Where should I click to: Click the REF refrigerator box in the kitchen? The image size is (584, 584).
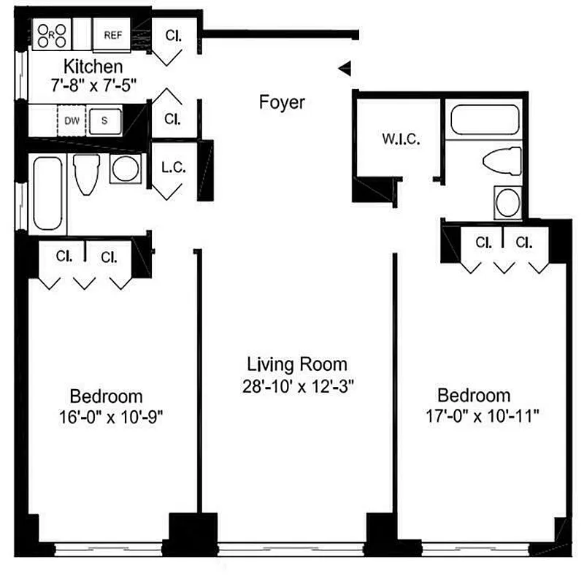coord(112,34)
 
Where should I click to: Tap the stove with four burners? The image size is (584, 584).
coord(52,34)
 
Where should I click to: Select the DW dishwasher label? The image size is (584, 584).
coord(72,120)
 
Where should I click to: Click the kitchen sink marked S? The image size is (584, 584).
coord(104,120)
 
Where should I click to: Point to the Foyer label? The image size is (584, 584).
coord(282,102)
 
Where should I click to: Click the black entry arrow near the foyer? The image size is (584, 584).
coord(345,69)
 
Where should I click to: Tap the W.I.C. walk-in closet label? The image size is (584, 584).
coord(401,139)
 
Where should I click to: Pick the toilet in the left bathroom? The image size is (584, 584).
coord(87,173)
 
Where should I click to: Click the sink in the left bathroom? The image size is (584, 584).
coord(125,169)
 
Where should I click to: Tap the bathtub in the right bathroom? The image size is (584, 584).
coord(485,120)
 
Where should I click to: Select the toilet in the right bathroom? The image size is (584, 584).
coord(504,161)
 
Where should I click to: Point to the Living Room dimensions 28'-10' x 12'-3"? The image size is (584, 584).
coord(297,386)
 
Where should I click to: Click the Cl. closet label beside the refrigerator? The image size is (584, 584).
coord(173,35)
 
